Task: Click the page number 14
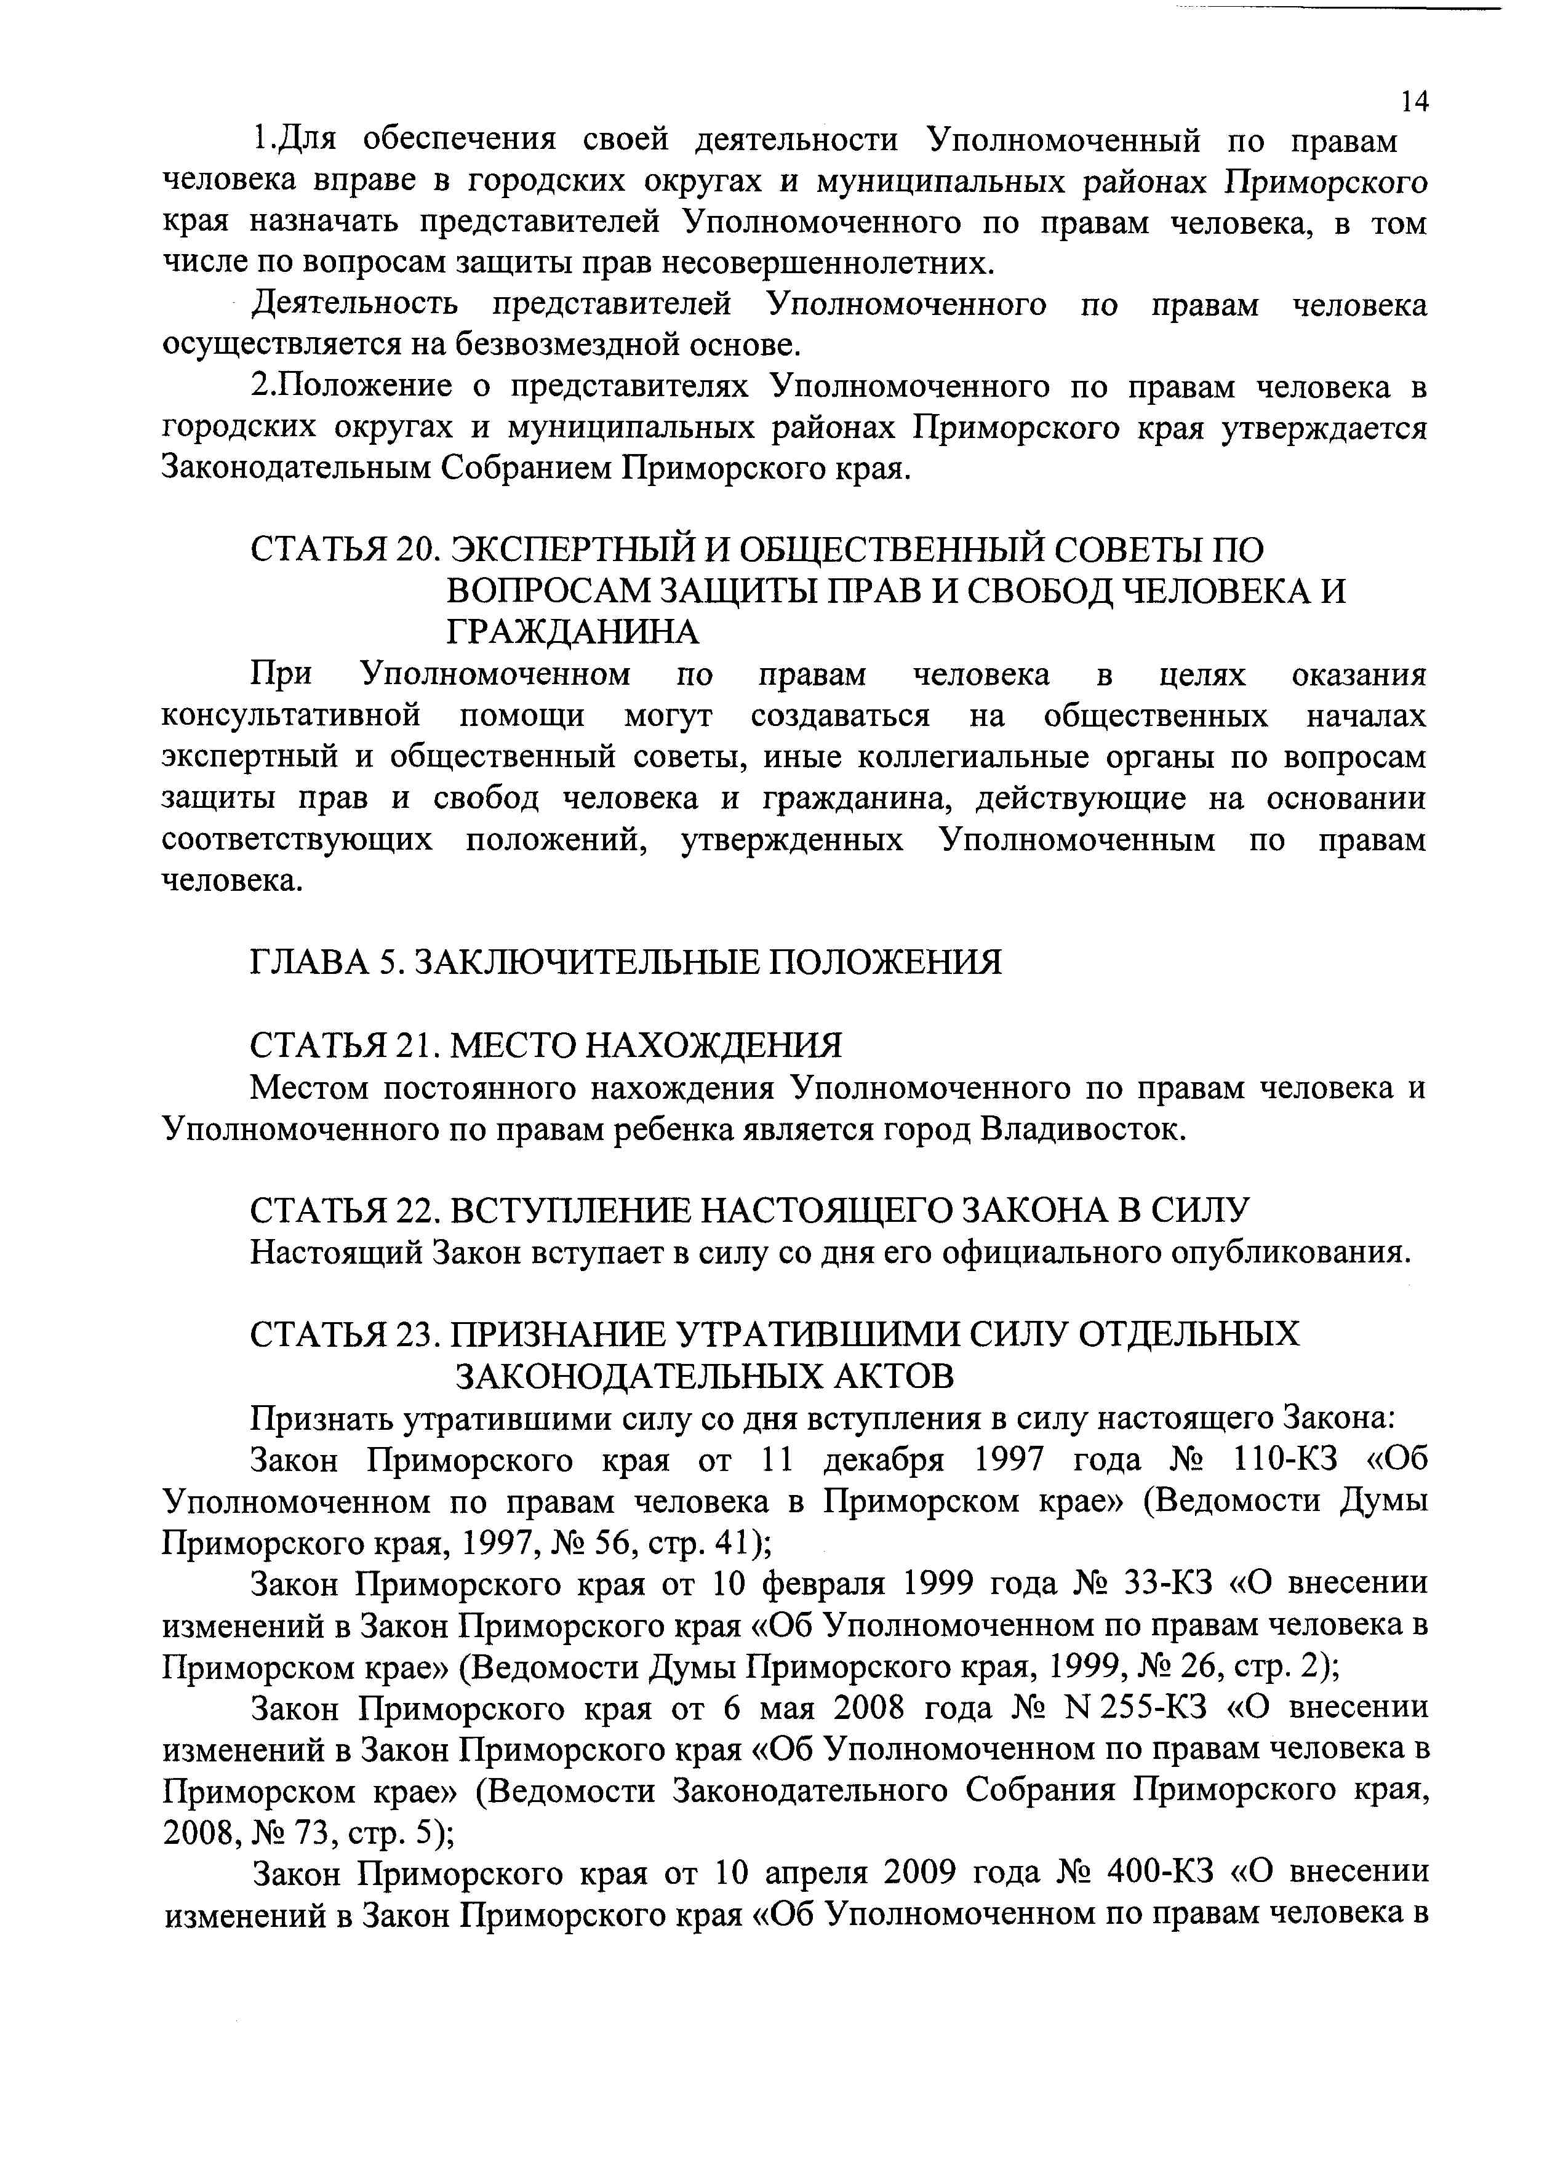pos(1415,101)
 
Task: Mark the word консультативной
pos(292,716)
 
